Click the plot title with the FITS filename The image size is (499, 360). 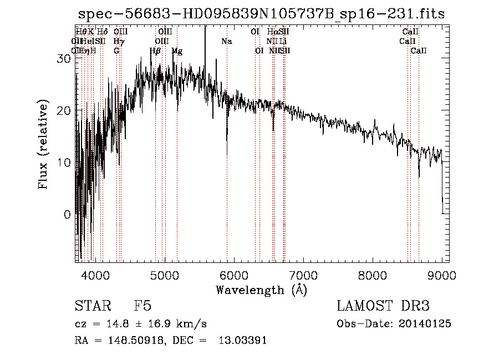[261, 14]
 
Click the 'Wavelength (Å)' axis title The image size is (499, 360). [261, 290]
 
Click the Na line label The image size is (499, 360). [226, 41]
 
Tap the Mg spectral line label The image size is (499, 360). [177, 50]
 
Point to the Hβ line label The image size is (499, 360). [155, 50]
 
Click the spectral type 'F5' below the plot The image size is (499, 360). [143, 306]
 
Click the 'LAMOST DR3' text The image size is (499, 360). [383, 306]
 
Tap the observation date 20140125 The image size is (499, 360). [425, 323]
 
